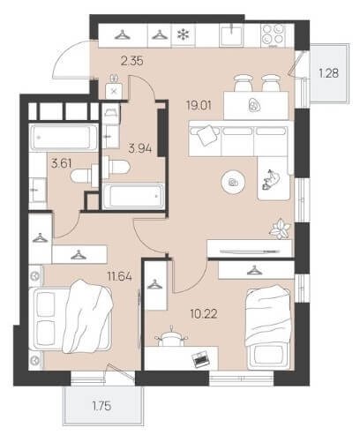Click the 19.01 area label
[199, 105]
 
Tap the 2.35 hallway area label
[132, 61]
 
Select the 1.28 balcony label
[329, 73]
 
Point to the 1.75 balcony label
[102, 406]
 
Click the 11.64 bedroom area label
[119, 276]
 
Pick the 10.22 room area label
[204, 314]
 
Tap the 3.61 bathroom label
[61, 163]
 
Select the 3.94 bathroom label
[140, 149]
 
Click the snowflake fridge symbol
[183, 35]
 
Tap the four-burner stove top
[274, 35]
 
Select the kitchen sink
[231, 35]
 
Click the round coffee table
[233, 183]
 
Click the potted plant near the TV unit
[281, 228]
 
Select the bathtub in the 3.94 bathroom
[133, 196]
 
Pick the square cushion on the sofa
[208, 135]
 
